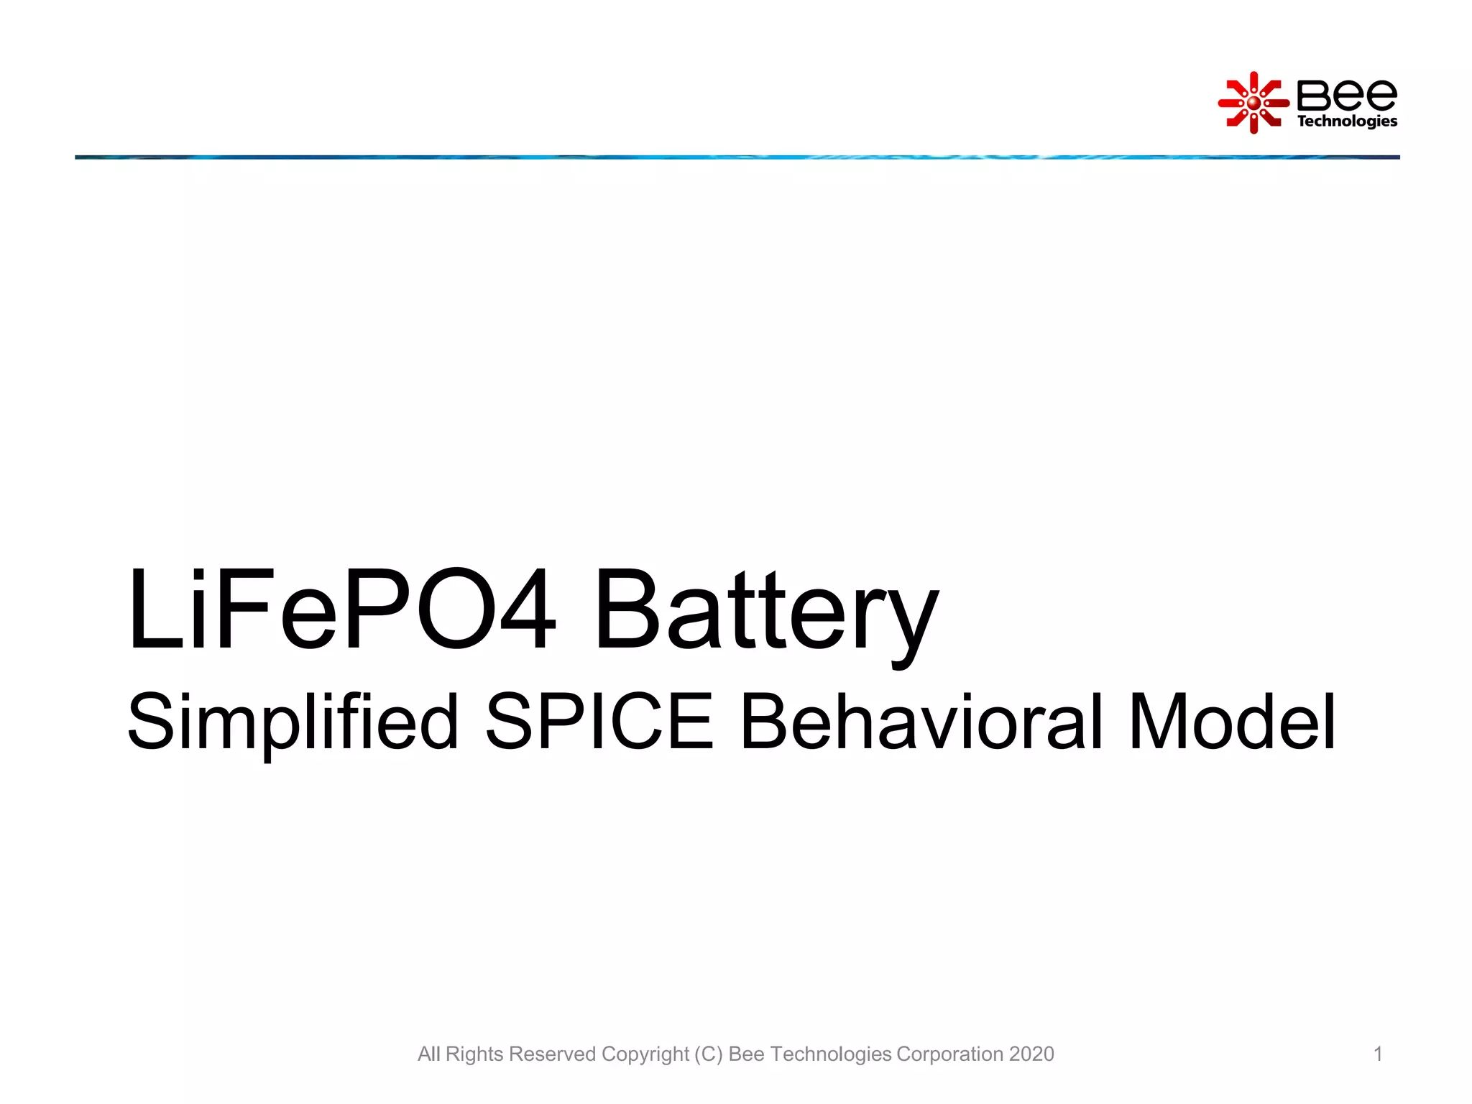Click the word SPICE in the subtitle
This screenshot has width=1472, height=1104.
pos(599,721)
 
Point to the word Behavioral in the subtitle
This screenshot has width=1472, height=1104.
pos(921,721)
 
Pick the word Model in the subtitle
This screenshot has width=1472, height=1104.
pos(1232,721)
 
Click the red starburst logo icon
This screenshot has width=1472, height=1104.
pos(1253,103)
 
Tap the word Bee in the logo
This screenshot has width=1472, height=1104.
pos(1346,95)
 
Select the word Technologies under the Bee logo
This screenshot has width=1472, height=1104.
pos(1346,121)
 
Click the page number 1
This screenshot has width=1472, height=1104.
pos(1378,1054)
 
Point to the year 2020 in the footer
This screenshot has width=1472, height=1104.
pos(1031,1054)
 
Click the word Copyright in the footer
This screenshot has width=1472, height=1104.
pos(645,1054)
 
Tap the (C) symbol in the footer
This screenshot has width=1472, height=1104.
pos(709,1054)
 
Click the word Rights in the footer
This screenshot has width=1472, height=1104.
pos(474,1054)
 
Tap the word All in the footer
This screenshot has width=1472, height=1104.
pos(429,1054)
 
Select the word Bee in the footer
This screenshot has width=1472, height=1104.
pos(746,1054)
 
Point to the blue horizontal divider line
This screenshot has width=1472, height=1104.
pos(736,157)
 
